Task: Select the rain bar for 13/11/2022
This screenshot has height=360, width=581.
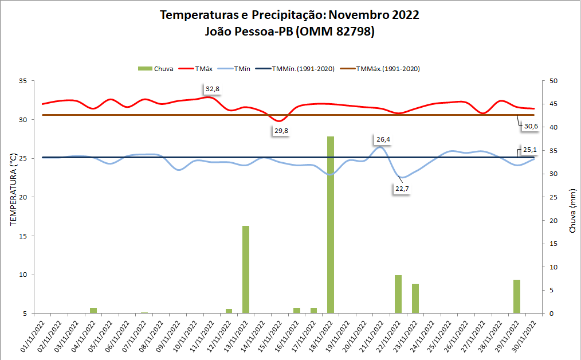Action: (x=246, y=269)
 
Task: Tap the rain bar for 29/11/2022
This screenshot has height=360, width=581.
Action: (x=517, y=296)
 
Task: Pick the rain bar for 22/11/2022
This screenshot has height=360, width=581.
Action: (x=398, y=294)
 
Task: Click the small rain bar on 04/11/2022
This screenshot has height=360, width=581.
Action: (x=93, y=311)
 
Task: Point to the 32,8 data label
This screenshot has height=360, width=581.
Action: (x=213, y=89)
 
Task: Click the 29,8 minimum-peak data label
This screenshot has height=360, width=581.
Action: (x=281, y=131)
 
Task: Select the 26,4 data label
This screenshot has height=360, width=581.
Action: (x=383, y=139)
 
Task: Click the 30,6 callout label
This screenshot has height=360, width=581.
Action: (x=531, y=126)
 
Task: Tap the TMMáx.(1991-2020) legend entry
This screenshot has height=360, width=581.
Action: (x=388, y=69)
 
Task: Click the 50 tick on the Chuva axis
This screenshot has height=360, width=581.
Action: (x=553, y=81)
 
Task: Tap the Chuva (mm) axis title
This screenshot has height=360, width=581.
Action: (x=572, y=211)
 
